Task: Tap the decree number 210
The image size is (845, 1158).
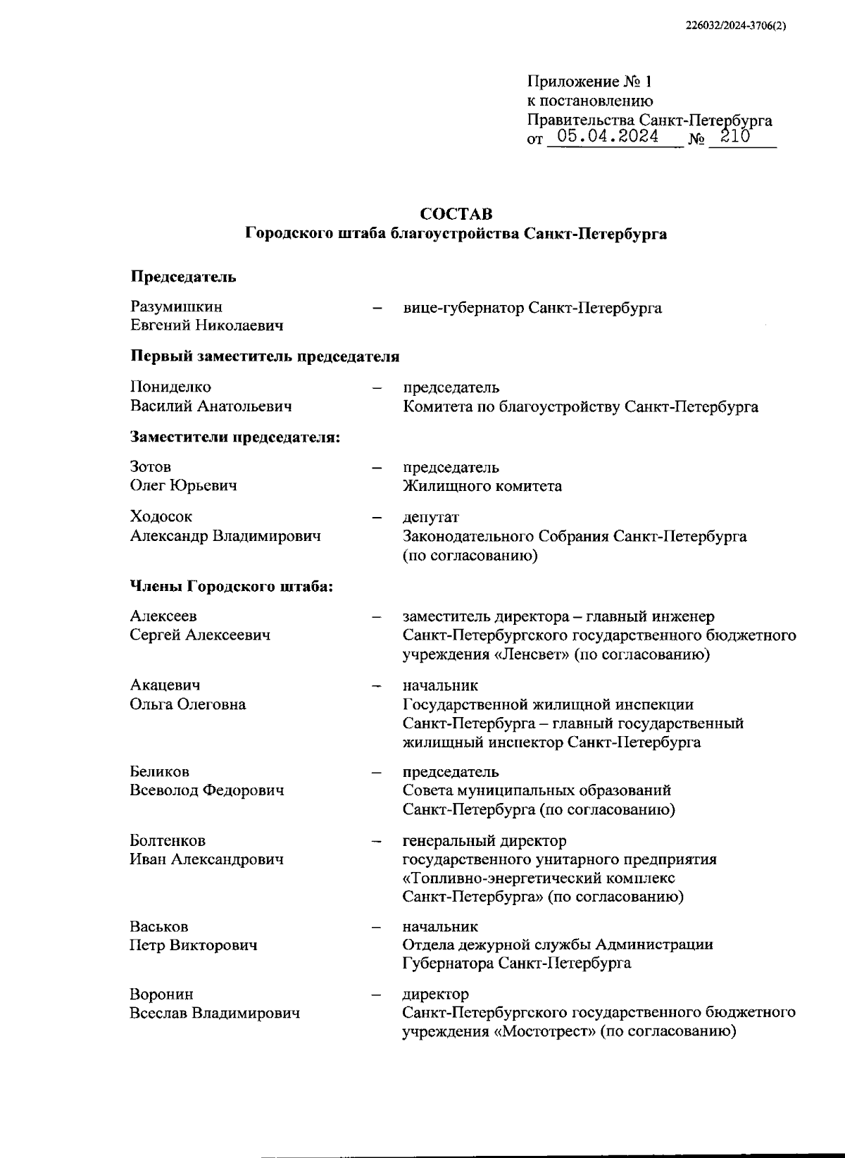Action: point(735,137)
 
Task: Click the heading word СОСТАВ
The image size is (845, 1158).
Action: point(456,213)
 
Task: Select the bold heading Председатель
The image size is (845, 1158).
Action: point(183,277)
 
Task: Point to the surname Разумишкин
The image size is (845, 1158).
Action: point(176,307)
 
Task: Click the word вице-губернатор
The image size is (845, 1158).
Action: point(463,308)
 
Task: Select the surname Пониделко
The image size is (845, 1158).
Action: point(170,387)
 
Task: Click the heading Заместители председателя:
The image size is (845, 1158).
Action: point(235,437)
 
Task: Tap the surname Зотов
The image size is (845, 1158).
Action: point(151,466)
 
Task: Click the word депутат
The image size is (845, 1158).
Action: point(430,517)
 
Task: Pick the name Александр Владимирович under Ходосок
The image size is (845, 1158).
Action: point(225,536)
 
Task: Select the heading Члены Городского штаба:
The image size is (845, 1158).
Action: point(232,586)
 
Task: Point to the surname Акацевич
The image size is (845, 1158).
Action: point(165,685)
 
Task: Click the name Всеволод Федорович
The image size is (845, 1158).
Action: point(207,790)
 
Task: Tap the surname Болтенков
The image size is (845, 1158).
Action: point(168,840)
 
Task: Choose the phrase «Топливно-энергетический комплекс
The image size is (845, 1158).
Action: point(538,878)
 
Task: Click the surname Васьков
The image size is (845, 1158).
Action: point(159,926)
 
